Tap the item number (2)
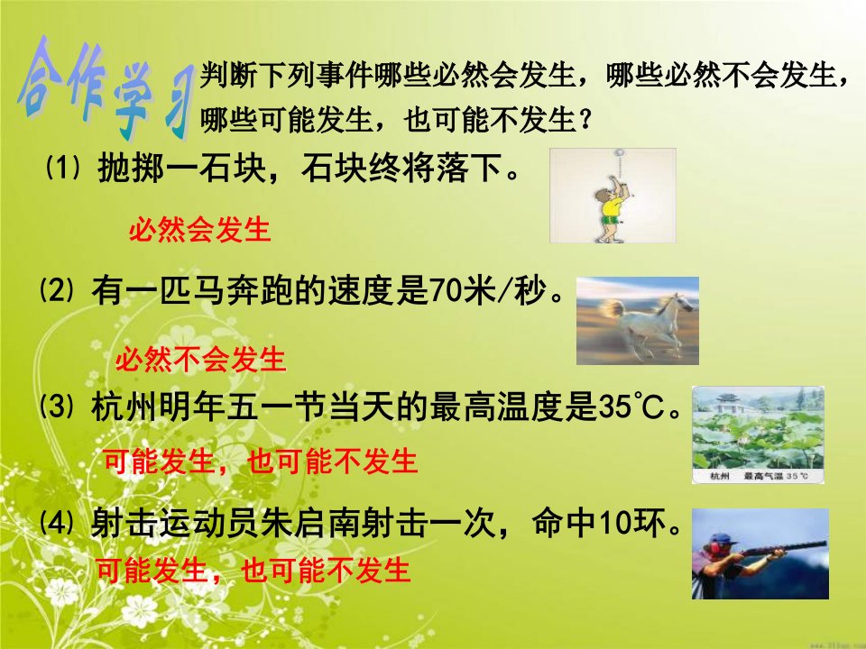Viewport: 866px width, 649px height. click(56, 290)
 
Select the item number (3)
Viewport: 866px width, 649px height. click(56, 407)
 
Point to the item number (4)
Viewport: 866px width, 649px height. click(56, 523)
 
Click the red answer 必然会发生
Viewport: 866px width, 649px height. click(200, 230)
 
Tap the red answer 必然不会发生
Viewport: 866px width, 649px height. click(200, 360)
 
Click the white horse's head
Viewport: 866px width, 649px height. click(680, 303)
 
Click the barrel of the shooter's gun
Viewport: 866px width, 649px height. click(784, 549)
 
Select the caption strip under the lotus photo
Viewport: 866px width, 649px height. click(758, 476)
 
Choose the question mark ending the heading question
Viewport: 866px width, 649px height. click(585, 119)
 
